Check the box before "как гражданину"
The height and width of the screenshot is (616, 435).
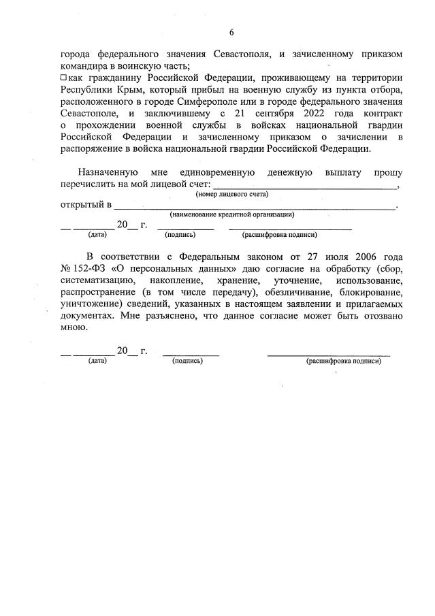pyautogui.click(x=64, y=79)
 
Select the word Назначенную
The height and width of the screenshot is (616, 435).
pyautogui.click(x=108, y=172)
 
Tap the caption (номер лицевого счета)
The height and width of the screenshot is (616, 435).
pyautogui.click(x=232, y=195)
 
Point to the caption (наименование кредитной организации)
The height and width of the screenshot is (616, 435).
pyautogui.click(x=231, y=214)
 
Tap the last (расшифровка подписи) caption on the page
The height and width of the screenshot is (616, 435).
pyautogui.click(x=344, y=361)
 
